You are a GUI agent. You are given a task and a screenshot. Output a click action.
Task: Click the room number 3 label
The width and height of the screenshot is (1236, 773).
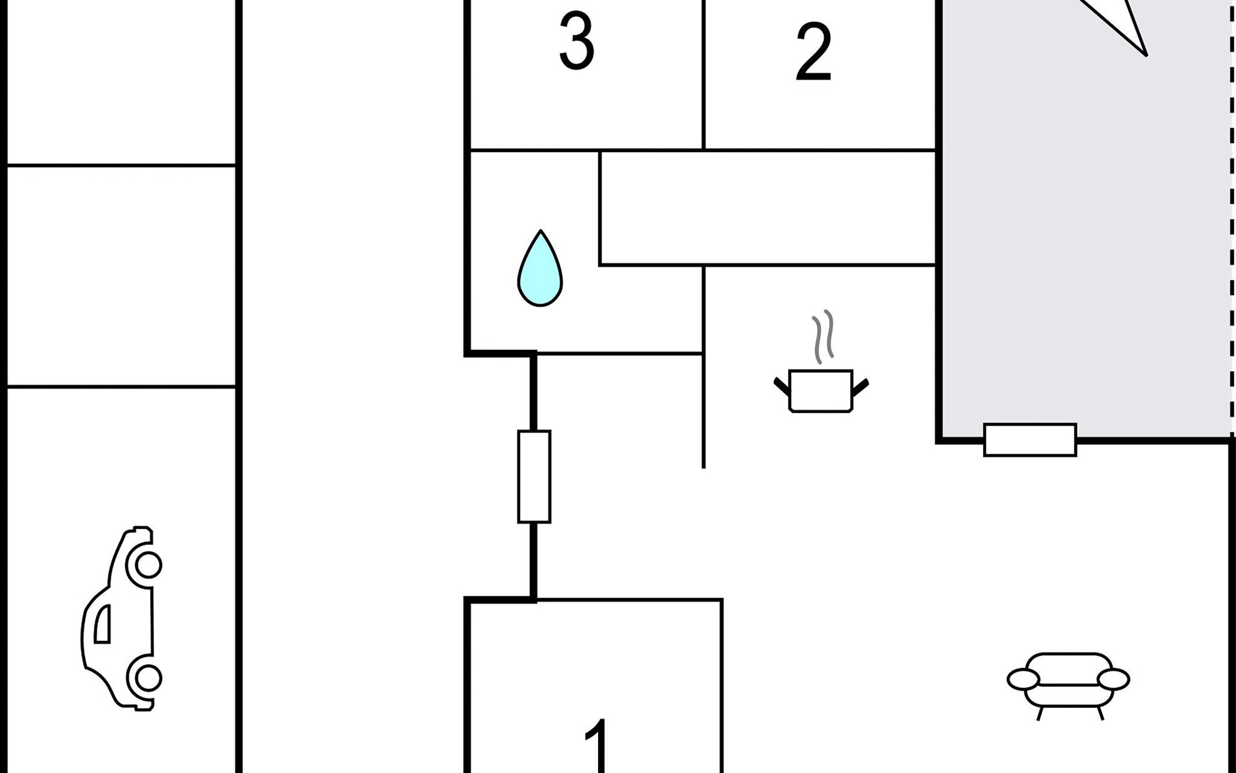(x=576, y=42)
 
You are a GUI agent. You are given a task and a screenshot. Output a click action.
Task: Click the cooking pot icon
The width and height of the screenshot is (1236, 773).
(x=821, y=390)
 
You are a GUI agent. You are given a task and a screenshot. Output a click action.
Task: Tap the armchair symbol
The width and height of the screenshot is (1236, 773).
(x=1068, y=683)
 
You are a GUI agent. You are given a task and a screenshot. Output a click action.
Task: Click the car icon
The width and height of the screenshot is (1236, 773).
(x=122, y=618)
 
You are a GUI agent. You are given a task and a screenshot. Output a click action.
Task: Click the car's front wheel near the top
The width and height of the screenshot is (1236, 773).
(x=148, y=565)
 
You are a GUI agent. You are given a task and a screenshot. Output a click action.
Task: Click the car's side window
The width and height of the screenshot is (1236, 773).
(x=102, y=624)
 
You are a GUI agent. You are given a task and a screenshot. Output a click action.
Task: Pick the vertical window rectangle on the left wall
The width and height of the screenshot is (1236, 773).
(x=534, y=476)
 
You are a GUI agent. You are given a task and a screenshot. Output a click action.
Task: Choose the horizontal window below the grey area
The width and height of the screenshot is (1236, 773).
(x=1030, y=440)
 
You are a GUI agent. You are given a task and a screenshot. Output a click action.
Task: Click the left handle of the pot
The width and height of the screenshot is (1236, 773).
(x=782, y=386)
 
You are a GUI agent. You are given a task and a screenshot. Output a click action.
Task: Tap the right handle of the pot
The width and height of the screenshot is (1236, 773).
(x=860, y=386)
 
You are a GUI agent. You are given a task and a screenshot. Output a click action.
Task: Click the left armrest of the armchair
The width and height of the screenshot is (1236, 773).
(x=1023, y=679)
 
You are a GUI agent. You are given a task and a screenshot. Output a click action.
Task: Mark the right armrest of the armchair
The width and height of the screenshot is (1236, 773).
(x=1113, y=679)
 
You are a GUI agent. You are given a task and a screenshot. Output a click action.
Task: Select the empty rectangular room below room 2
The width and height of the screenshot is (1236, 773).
(x=767, y=208)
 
